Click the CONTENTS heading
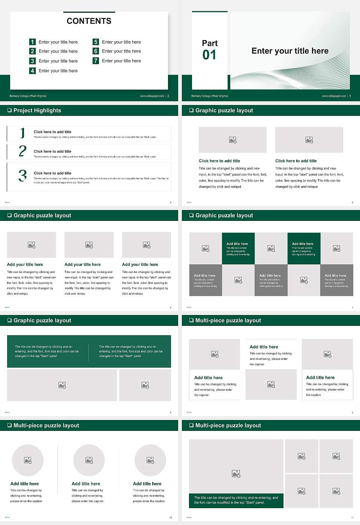point(89,21)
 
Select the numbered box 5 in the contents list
point(96,42)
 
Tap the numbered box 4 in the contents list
point(32,70)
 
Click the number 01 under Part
point(209,55)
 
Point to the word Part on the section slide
point(210,43)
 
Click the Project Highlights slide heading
point(37,110)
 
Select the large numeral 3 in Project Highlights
point(22,175)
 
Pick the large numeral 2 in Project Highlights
point(22,151)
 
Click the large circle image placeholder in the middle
point(89,460)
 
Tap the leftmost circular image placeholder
point(28,460)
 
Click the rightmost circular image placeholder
point(150,460)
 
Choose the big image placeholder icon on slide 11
point(236,474)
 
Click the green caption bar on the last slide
point(236,500)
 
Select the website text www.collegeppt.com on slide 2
point(152,96)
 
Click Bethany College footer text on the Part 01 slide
point(210,96)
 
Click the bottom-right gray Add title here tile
point(336,280)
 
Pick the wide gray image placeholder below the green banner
point(62,385)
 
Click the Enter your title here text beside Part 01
point(290,51)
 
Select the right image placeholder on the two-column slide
point(309,140)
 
